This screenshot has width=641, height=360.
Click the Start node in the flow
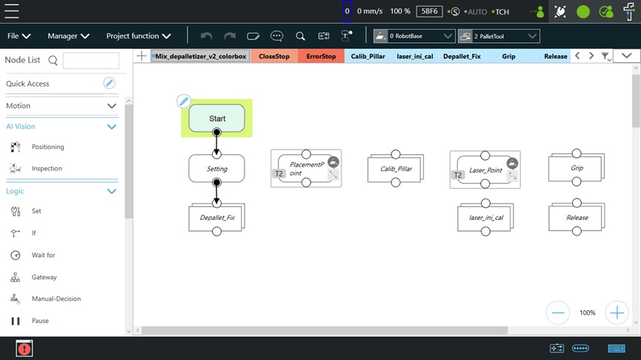click(x=216, y=118)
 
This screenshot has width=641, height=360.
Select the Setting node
click(x=216, y=168)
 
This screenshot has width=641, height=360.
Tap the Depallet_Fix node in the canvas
click(x=216, y=217)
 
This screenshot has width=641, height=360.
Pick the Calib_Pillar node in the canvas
click(x=396, y=168)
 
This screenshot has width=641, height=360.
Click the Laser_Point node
click(x=485, y=170)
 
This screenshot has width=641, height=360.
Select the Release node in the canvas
click(x=577, y=217)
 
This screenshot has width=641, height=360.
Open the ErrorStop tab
click(x=321, y=56)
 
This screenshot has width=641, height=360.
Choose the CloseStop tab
click(x=274, y=56)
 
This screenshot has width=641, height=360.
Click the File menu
click(x=19, y=36)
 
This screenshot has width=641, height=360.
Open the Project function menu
click(x=139, y=36)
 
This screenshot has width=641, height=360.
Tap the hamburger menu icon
click(x=12, y=11)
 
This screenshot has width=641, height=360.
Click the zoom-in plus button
click(x=617, y=313)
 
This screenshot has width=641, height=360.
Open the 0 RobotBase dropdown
click(x=414, y=36)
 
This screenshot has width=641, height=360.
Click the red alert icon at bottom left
click(x=24, y=349)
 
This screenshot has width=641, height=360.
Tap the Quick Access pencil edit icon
click(x=109, y=84)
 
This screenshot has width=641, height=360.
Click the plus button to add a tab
click(x=142, y=56)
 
